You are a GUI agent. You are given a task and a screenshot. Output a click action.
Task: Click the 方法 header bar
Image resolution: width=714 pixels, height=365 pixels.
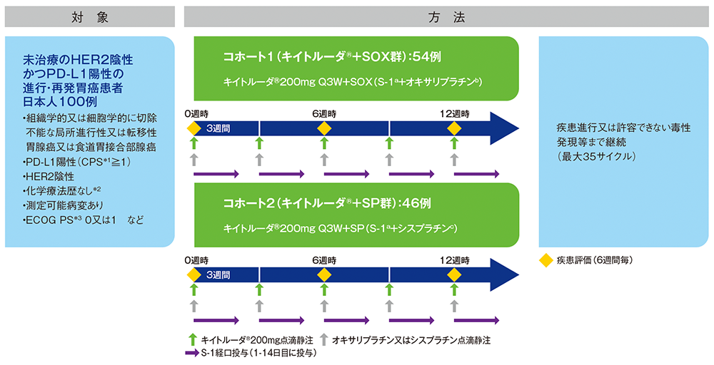pos(449,17)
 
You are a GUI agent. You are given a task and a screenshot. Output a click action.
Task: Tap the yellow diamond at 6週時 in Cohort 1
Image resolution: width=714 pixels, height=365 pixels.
pos(323,128)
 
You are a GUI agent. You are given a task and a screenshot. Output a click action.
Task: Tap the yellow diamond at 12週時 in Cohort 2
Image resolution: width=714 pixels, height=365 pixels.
pos(453,275)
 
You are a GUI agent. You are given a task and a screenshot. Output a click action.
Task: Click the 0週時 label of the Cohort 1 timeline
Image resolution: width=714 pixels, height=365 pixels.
pos(196,114)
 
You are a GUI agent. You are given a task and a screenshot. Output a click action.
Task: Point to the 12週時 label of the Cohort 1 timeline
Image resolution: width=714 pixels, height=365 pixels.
pos(455,114)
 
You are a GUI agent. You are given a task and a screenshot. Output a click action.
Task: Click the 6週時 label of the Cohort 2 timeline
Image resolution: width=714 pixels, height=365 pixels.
pos(324,261)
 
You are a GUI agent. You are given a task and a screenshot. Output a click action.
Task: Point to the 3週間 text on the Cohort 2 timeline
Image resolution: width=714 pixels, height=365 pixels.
pos(218,274)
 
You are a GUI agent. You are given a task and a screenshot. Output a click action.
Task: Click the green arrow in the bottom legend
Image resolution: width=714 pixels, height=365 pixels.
pos(191,340)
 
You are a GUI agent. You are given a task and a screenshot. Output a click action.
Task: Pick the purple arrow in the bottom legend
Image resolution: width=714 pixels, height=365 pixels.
pos(191,352)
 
